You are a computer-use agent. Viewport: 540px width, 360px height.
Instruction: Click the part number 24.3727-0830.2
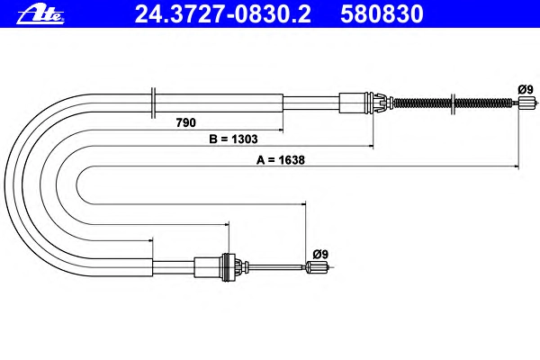[x=223, y=14]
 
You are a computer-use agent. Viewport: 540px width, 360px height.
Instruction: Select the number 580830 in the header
[x=382, y=14]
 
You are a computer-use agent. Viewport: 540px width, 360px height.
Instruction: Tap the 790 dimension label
[x=185, y=122]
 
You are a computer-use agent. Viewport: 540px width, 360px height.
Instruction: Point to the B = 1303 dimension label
[x=233, y=139]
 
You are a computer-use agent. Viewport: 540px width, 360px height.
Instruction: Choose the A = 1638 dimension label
[x=280, y=160]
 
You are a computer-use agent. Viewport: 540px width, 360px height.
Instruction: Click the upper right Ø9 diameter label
[x=526, y=90]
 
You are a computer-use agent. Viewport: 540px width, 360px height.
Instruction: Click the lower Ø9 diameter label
[x=320, y=254]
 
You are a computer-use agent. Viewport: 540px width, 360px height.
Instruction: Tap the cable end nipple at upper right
[x=527, y=103]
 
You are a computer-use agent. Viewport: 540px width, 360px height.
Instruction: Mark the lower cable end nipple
[x=317, y=267]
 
